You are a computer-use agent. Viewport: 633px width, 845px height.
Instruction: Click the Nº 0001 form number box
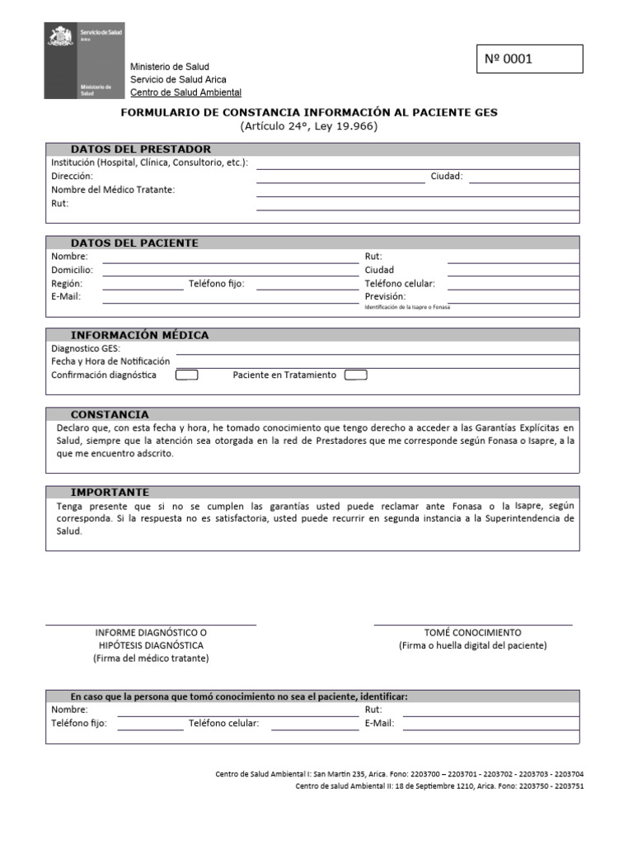[529, 59]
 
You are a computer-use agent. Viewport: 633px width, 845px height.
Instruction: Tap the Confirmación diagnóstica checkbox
[187, 375]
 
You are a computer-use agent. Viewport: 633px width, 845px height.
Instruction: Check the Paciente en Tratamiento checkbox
[355, 375]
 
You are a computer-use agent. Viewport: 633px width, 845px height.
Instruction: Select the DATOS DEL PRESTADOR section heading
[141, 149]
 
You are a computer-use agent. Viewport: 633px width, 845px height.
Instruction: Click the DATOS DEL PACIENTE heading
[134, 243]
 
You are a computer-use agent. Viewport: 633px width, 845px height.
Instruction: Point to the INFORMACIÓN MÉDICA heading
[139, 335]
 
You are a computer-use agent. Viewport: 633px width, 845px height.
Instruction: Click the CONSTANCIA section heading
[110, 414]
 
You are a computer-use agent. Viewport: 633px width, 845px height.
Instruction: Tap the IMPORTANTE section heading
[110, 492]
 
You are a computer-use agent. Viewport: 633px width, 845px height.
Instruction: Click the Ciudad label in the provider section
[446, 177]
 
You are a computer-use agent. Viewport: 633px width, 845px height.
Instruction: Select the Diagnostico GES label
[86, 348]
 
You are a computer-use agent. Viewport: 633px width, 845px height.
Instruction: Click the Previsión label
[385, 296]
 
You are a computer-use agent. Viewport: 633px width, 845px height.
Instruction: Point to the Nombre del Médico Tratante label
[113, 190]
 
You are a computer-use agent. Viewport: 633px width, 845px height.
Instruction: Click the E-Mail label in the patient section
[66, 296]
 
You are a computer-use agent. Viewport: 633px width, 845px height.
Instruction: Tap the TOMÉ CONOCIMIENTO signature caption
[472, 632]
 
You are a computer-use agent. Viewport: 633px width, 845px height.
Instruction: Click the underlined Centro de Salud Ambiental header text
[185, 92]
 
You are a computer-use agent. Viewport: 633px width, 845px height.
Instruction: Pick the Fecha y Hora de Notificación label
[110, 361]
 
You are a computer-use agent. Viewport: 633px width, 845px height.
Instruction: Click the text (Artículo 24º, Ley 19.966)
[309, 126]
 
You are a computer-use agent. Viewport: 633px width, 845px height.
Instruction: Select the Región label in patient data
[67, 283]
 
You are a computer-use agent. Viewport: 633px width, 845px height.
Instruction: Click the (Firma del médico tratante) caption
[151, 659]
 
